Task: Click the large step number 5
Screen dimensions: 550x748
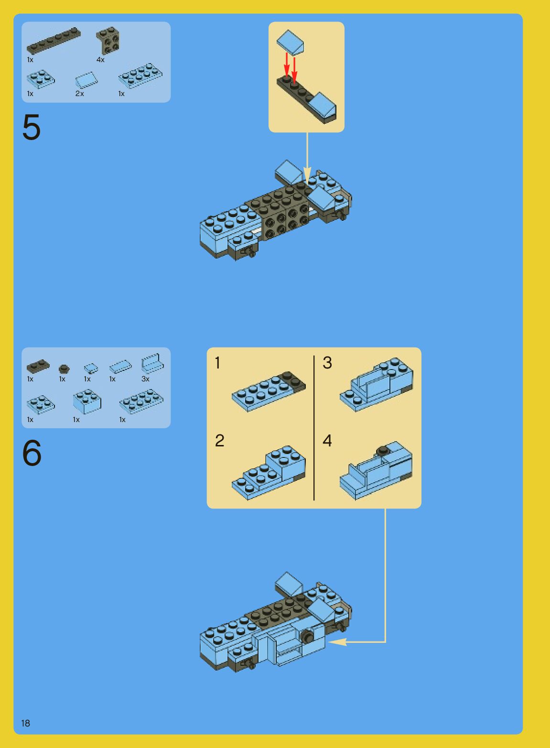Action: (x=32, y=127)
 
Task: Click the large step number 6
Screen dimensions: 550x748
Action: (x=32, y=453)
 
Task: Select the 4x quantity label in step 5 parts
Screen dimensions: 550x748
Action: (x=100, y=60)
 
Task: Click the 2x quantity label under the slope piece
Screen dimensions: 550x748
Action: (x=79, y=94)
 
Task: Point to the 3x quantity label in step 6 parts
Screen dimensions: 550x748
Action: (x=145, y=379)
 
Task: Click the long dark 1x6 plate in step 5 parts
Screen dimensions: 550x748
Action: (x=54, y=41)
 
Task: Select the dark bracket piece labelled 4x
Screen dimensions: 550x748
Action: (x=108, y=41)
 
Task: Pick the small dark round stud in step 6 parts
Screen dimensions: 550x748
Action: (x=64, y=369)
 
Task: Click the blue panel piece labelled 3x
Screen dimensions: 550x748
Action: (x=152, y=363)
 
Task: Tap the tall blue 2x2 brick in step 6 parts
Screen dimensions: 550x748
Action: (x=87, y=401)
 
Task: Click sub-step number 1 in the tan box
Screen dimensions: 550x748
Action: (x=218, y=363)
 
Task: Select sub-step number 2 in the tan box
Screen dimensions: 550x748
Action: (x=219, y=441)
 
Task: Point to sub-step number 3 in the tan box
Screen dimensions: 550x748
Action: (x=327, y=363)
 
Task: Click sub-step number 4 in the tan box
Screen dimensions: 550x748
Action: (x=327, y=441)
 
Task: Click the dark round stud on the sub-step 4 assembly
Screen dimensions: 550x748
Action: (x=382, y=451)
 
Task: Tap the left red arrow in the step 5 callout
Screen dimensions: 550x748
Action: (x=287, y=65)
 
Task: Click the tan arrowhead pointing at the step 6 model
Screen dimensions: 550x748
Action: (x=337, y=642)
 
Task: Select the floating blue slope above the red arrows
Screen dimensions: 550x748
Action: (x=290, y=42)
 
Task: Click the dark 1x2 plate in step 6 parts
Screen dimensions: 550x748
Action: (x=38, y=366)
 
